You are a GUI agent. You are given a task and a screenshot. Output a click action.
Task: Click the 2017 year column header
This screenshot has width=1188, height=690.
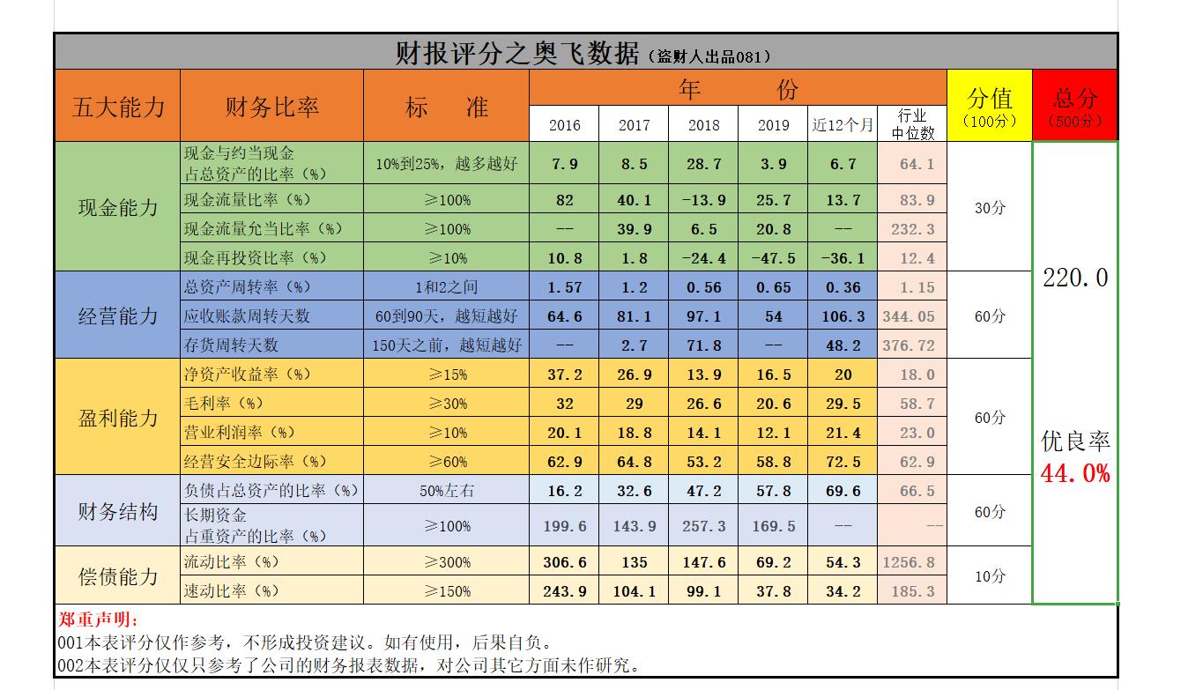click(x=634, y=125)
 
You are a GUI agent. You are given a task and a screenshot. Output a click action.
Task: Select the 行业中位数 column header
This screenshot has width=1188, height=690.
click(x=912, y=124)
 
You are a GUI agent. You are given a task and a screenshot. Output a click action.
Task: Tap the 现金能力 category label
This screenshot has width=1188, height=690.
click(x=118, y=208)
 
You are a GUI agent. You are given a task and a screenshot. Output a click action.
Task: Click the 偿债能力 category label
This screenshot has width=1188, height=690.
click(x=118, y=576)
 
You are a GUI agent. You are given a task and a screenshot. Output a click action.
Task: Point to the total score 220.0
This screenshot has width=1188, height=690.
click(x=1075, y=278)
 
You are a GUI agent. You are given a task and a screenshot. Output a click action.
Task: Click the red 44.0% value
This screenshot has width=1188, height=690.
click(x=1075, y=474)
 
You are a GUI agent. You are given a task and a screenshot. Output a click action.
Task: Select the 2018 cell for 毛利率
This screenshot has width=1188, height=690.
click(x=703, y=404)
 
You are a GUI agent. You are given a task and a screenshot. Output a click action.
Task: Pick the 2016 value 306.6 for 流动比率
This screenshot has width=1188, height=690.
click(x=564, y=562)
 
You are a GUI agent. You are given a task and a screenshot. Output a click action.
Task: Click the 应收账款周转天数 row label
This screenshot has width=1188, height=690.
click(x=247, y=316)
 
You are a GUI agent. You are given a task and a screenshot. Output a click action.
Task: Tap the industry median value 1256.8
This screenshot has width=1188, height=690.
click(x=912, y=562)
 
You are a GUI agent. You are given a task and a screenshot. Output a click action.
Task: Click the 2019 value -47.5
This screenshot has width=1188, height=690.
click(x=774, y=258)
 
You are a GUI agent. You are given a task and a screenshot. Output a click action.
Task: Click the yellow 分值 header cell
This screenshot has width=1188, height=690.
click(x=990, y=107)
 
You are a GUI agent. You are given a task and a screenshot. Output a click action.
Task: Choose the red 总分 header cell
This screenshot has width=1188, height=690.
click(x=1075, y=107)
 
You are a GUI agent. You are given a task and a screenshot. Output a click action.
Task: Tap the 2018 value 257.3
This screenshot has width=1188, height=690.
click(x=703, y=526)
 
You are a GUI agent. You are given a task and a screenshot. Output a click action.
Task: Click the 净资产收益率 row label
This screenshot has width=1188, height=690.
click(x=248, y=375)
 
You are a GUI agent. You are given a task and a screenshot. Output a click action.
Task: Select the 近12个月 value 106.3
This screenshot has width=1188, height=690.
click(x=843, y=316)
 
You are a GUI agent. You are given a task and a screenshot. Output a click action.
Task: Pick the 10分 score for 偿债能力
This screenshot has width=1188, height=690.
click(x=990, y=576)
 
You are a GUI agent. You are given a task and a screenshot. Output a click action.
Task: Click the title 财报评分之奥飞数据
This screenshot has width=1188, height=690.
click(x=517, y=54)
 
